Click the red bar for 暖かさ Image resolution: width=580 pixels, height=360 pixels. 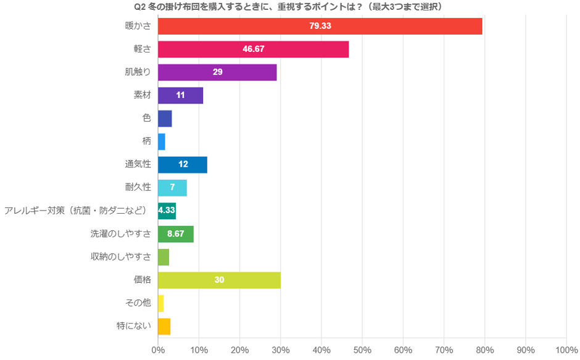click(x=320, y=27)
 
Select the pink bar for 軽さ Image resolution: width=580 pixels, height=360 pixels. click(x=253, y=49)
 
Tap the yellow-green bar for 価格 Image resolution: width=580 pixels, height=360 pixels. click(x=219, y=280)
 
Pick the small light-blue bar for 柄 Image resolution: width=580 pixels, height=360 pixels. click(x=162, y=141)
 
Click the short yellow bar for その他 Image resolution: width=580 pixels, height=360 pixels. click(x=161, y=303)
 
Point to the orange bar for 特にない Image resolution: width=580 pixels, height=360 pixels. click(x=164, y=326)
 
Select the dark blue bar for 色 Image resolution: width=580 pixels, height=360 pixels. click(x=165, y=119)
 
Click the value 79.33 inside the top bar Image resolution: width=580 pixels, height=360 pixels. click(x=320, y=27)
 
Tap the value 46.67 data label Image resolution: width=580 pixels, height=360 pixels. click(x=254, y=49)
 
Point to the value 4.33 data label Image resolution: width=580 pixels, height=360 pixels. click(x=167, y=211)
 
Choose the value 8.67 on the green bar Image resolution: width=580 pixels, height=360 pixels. click(x=176, y=234)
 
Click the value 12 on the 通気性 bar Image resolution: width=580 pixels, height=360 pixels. click(x=183, y=165)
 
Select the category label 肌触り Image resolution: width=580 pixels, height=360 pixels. click(x=138, y=72)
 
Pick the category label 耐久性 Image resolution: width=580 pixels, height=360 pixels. click(x=138, y=188)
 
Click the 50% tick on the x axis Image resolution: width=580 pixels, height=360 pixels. click(x=362, y=350)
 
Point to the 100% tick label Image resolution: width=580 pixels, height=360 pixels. click(x=566, y=350)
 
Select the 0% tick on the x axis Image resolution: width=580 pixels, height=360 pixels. click(x=158, y=350)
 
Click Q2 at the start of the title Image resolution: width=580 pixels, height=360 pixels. click(x=140, y=6)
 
